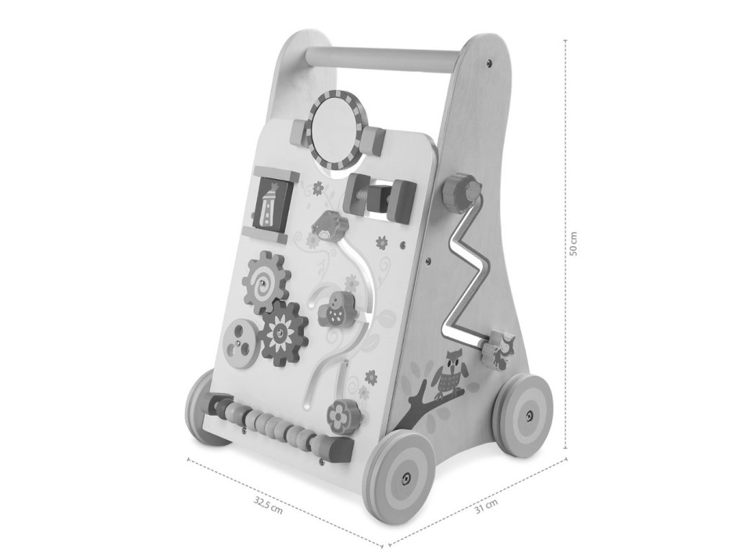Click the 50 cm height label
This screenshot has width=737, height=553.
(x=573, y=243)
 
